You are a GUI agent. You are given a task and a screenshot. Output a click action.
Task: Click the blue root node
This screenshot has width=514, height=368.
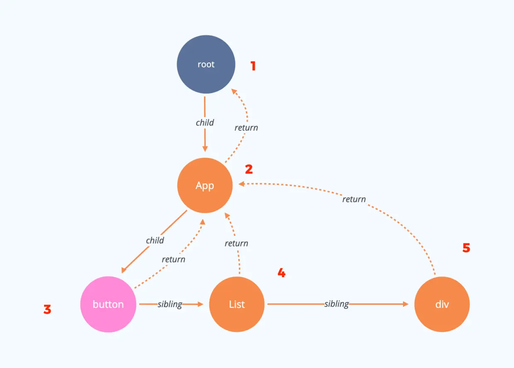click(206, 65)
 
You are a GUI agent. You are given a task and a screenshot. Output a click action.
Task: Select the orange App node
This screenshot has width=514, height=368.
click(205, 185)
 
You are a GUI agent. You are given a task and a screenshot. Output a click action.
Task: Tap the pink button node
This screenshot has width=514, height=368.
click(108, 304)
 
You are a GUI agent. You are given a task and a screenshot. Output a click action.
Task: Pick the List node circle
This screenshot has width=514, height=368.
click(237, 304)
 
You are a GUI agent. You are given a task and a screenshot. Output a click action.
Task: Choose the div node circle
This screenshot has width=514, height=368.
click(442, 304)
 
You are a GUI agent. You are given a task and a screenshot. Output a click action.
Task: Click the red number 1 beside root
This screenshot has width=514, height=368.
click(253, 66)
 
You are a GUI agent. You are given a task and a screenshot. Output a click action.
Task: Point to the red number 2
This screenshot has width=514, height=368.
click(249, 169)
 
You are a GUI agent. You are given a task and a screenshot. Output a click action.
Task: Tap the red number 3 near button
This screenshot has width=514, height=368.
click(48, 310)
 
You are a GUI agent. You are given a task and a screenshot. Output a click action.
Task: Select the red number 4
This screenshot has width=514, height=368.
click(281, 273)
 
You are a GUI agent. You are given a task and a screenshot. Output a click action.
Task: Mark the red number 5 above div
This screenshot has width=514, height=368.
click(466, 248)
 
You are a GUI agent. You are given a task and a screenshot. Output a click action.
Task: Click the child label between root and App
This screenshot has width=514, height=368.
click(205, 122)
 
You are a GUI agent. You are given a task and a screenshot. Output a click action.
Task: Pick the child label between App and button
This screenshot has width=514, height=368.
click(155, 240)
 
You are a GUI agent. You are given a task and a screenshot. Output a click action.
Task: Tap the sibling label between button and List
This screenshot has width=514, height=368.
click(170, 304)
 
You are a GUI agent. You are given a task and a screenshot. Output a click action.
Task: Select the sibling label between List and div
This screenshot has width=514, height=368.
click(337, 304)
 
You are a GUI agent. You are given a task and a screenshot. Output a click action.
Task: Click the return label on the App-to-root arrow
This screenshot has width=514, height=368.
click(246, 128)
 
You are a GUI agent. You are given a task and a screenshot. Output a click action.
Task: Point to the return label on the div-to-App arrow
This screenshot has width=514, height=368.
click(354, 200)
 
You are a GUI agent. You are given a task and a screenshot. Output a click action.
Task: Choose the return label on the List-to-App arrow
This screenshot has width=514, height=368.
click(236, 244)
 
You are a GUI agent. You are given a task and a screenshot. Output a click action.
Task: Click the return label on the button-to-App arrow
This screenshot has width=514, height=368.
click(173, 259)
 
